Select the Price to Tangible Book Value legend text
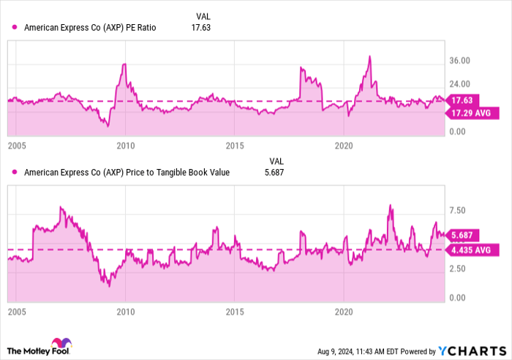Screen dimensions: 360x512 pyautogui.click(x=127, y=173)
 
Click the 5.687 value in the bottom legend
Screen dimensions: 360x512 pyautogui.click(x=273, y=173)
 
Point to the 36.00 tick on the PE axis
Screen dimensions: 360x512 pyautogui.click(x=459, y=61)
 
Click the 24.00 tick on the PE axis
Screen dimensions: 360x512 pyautogui.click(x=459, y=85)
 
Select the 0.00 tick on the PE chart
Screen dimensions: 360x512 pyautogui.click(x=457, y=132)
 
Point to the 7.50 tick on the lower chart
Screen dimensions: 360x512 pyautogui.click(x=456, y=211)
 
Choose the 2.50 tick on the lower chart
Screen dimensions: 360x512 pyautogui.click(x=456, y=269)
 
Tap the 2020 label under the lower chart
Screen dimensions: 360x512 pyautogui.click(x=345, y=311)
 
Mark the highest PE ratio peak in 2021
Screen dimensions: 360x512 pyautogui.click(x=370, y=56)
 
